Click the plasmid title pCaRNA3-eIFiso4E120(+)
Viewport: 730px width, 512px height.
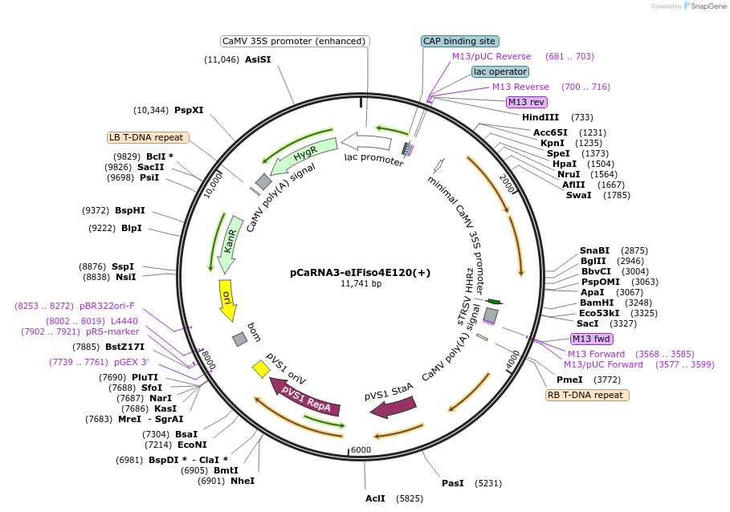coord(361,272)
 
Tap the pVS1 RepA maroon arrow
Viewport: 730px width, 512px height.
coord(300,395)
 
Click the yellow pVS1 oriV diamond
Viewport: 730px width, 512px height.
coord(261,368)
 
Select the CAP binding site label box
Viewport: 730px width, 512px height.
coord(459,41)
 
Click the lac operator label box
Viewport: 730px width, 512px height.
coord(500,71)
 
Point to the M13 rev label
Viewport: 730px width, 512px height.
coord(526,102)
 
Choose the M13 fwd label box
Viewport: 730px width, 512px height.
coord(591,339)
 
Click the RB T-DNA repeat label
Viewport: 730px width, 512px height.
coord(587,395)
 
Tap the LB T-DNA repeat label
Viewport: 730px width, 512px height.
coord(148,137)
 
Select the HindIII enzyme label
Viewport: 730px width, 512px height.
coord(540,117)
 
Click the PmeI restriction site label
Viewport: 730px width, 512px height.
coord(569,380)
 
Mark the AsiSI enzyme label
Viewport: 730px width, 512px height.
coord(258,59)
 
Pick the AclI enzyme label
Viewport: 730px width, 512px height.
coord(375,498)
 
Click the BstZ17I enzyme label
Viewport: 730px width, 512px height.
coord(124,347)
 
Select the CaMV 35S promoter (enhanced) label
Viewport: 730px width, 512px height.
coord(295,41)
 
